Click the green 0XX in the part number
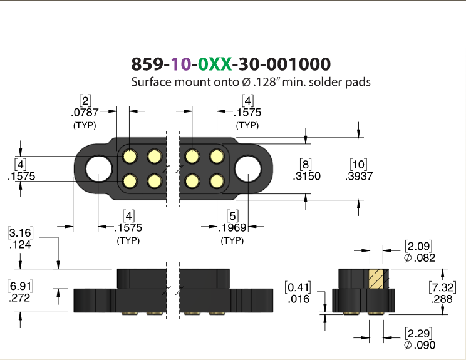(x=215, y=64)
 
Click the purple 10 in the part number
(x=181, y=64)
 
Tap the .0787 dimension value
(x=85, y=113)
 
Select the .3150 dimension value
(x=306, y=176)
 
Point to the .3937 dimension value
(x=359, y=176)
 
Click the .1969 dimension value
(x=232, y=228)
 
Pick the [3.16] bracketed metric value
(x=20, y=233)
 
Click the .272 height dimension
(x=19, y=297)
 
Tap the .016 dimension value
(x=299, y=299)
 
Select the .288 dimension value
(x=442, y=299)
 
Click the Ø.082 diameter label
(x=420, y=257)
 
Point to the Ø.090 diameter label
(x=420, y=345)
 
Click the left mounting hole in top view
(x=99, y=168)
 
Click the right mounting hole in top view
(x=248, y=168)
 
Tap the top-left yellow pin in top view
(x=130, y=157)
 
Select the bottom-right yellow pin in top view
(x=217, y=181)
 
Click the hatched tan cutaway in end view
(x=376, y=279)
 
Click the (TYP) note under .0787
(x=85, y=125)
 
